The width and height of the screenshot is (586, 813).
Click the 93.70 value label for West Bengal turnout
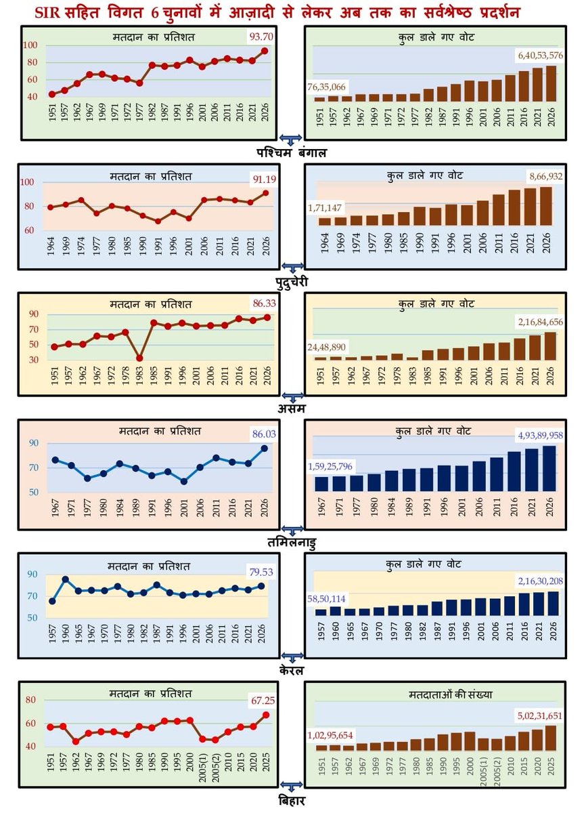261,37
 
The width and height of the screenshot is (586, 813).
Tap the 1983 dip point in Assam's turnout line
139,358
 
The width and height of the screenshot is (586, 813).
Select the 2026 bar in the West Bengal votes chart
551,83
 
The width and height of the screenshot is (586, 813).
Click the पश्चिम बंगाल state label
292,153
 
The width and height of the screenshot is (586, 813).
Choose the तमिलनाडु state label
292,543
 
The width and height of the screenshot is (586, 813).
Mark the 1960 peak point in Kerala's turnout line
66,579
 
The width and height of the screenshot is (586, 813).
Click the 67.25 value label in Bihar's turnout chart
263,701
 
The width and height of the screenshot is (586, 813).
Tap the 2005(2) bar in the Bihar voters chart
497,745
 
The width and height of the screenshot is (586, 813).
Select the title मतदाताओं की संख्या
451,694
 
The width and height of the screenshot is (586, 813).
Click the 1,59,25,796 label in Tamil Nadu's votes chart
330,466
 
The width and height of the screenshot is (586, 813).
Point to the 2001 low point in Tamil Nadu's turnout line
184,481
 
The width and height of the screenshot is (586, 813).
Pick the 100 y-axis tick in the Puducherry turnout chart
27,182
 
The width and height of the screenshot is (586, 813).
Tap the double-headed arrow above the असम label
292,396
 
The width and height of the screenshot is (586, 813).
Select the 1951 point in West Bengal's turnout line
52,94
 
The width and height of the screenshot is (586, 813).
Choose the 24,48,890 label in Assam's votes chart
327,347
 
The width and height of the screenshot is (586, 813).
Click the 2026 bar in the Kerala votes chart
553,604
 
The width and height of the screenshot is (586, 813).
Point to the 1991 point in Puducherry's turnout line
158,221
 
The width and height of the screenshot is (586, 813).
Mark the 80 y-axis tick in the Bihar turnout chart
31,700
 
